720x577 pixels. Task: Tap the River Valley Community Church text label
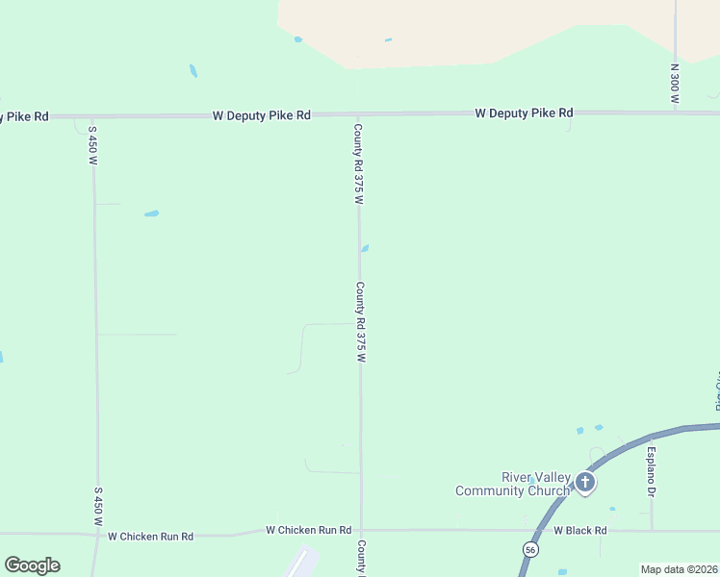513,485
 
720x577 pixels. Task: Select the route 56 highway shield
530,549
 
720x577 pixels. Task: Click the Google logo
32,564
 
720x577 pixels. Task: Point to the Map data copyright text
680,569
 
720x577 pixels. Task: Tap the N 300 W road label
676,85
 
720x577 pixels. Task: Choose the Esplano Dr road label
652,472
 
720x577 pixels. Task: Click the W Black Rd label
579,530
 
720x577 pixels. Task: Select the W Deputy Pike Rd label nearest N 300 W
524,113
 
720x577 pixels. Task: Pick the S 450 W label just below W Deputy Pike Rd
93,144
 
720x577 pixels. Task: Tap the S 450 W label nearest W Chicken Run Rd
98,506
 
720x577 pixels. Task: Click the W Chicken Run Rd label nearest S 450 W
150,537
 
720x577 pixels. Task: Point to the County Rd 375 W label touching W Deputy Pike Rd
358,163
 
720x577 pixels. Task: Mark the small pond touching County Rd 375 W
365,248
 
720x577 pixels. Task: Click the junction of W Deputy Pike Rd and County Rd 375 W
359,114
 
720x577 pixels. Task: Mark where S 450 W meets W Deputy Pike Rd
91,116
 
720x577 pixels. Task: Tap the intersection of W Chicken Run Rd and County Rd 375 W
361,530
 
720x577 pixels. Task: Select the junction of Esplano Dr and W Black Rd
652,530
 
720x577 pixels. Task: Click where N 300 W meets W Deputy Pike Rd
676,113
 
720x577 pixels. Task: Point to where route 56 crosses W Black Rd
537,530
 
